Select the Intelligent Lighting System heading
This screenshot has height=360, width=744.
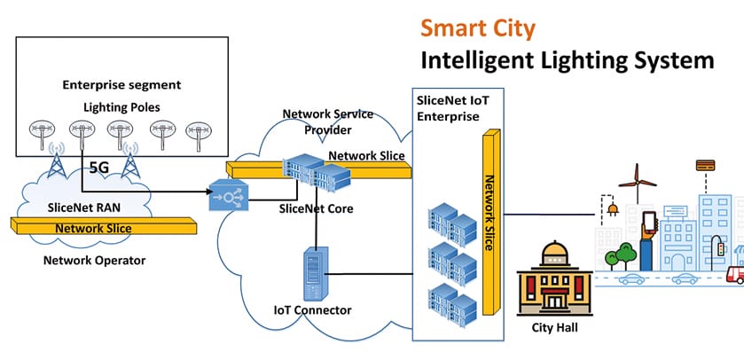point(566,60)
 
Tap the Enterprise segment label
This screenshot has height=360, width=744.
point(121,85)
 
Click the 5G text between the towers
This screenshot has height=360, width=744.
point(99,164)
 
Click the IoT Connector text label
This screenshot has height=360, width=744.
point(312,309)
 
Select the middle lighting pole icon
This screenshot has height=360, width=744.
point(122,132)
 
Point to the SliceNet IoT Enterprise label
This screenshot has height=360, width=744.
point(450,109)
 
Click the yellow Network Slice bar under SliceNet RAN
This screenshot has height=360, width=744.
point(106,229)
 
